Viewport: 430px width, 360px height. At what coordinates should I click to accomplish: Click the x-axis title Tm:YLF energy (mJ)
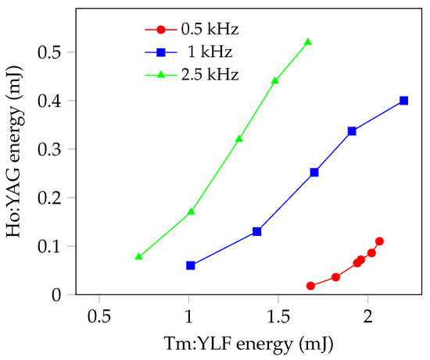(233, 344)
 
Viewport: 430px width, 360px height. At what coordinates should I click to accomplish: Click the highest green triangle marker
(308, 42)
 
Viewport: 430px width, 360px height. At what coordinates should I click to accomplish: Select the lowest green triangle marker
(138, 256)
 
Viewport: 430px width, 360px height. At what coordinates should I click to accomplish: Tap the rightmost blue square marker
(403, 101)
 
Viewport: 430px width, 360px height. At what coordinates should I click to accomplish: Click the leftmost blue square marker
(190, 266)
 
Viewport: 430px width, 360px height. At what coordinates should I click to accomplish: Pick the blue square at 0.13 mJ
(256, 231)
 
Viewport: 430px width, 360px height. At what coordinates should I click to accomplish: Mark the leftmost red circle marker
(310, 286)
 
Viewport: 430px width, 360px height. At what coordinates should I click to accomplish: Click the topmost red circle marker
(379, 241)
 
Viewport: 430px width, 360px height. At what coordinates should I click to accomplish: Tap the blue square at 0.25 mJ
(314, 172)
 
